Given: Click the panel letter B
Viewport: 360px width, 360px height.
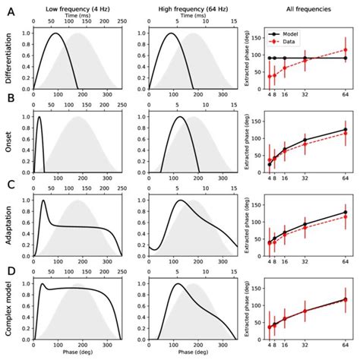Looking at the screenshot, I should (8, 98).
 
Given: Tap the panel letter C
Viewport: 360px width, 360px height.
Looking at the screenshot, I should (8, 184).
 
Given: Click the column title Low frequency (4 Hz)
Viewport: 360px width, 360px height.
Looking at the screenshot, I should (76, 6).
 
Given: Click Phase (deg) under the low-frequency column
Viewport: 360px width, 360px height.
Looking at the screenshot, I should (77, 353).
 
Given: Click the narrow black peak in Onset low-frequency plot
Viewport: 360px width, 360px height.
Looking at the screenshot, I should (39, 117).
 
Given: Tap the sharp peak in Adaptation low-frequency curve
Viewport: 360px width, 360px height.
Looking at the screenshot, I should (44, 201).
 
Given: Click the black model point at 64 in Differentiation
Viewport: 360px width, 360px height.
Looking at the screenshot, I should (346, 58).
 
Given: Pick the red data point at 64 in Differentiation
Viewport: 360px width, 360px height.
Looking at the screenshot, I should (346, 50).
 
